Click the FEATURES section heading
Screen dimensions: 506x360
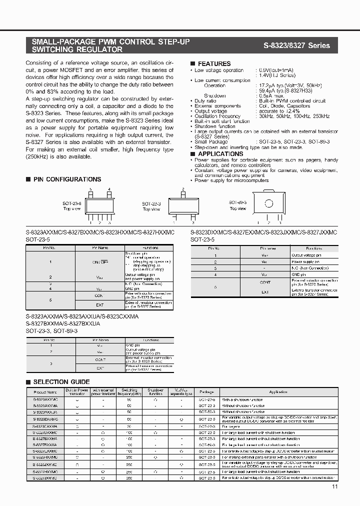tap(214, 63)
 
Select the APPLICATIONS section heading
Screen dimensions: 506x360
tap(220, 154)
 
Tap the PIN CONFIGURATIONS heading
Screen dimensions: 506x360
tap(67, 179)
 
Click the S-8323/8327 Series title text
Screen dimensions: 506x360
tap(296, 45)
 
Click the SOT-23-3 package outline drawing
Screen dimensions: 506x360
tap(183, 204)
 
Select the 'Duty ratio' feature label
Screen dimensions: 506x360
tap(205, 101)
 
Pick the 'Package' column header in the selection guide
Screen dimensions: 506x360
tap(206, 392)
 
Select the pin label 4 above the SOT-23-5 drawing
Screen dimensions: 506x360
tap(109, 189)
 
